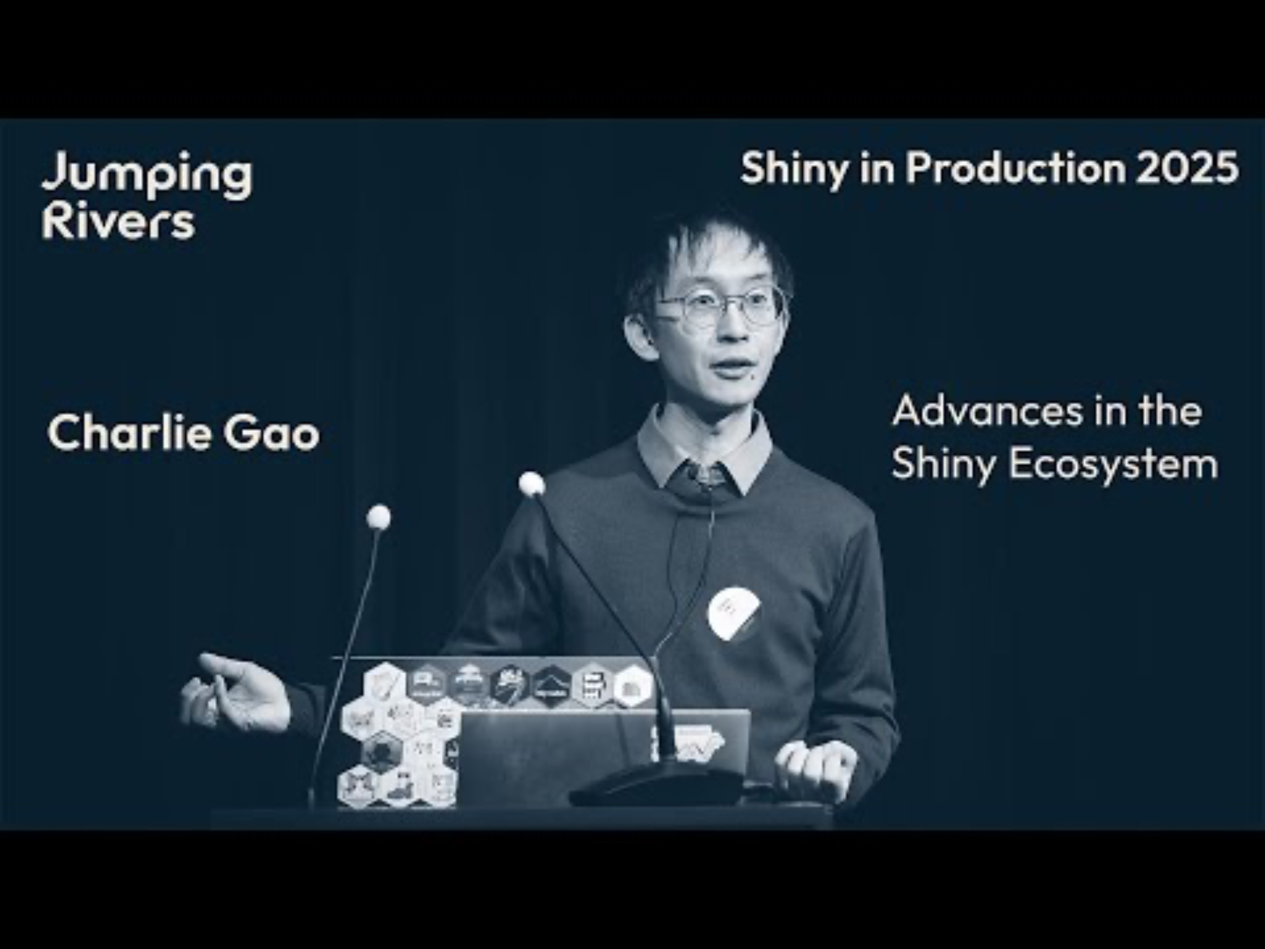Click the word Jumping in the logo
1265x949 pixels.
tap(147, 176)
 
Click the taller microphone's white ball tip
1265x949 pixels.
tap(532, 484)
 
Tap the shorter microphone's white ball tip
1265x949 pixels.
tap(378, 517)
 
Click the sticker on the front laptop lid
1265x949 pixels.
tap(686, 744)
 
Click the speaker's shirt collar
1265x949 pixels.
tap(703, 449)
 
